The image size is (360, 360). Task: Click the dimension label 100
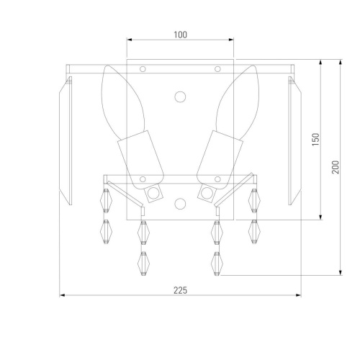[180, 35]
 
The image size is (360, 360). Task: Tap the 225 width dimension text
[180, 290]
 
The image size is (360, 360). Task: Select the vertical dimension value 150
[316, 140]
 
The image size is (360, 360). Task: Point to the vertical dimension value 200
[336, 167]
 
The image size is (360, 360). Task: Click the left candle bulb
[122, 103]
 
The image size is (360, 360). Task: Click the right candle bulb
[238, 103]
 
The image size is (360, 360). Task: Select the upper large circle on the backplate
[180, 97]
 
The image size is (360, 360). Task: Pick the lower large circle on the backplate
[180, 204]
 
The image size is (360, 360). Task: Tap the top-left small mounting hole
[143, 69]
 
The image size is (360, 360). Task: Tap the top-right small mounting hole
[217, 69]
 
